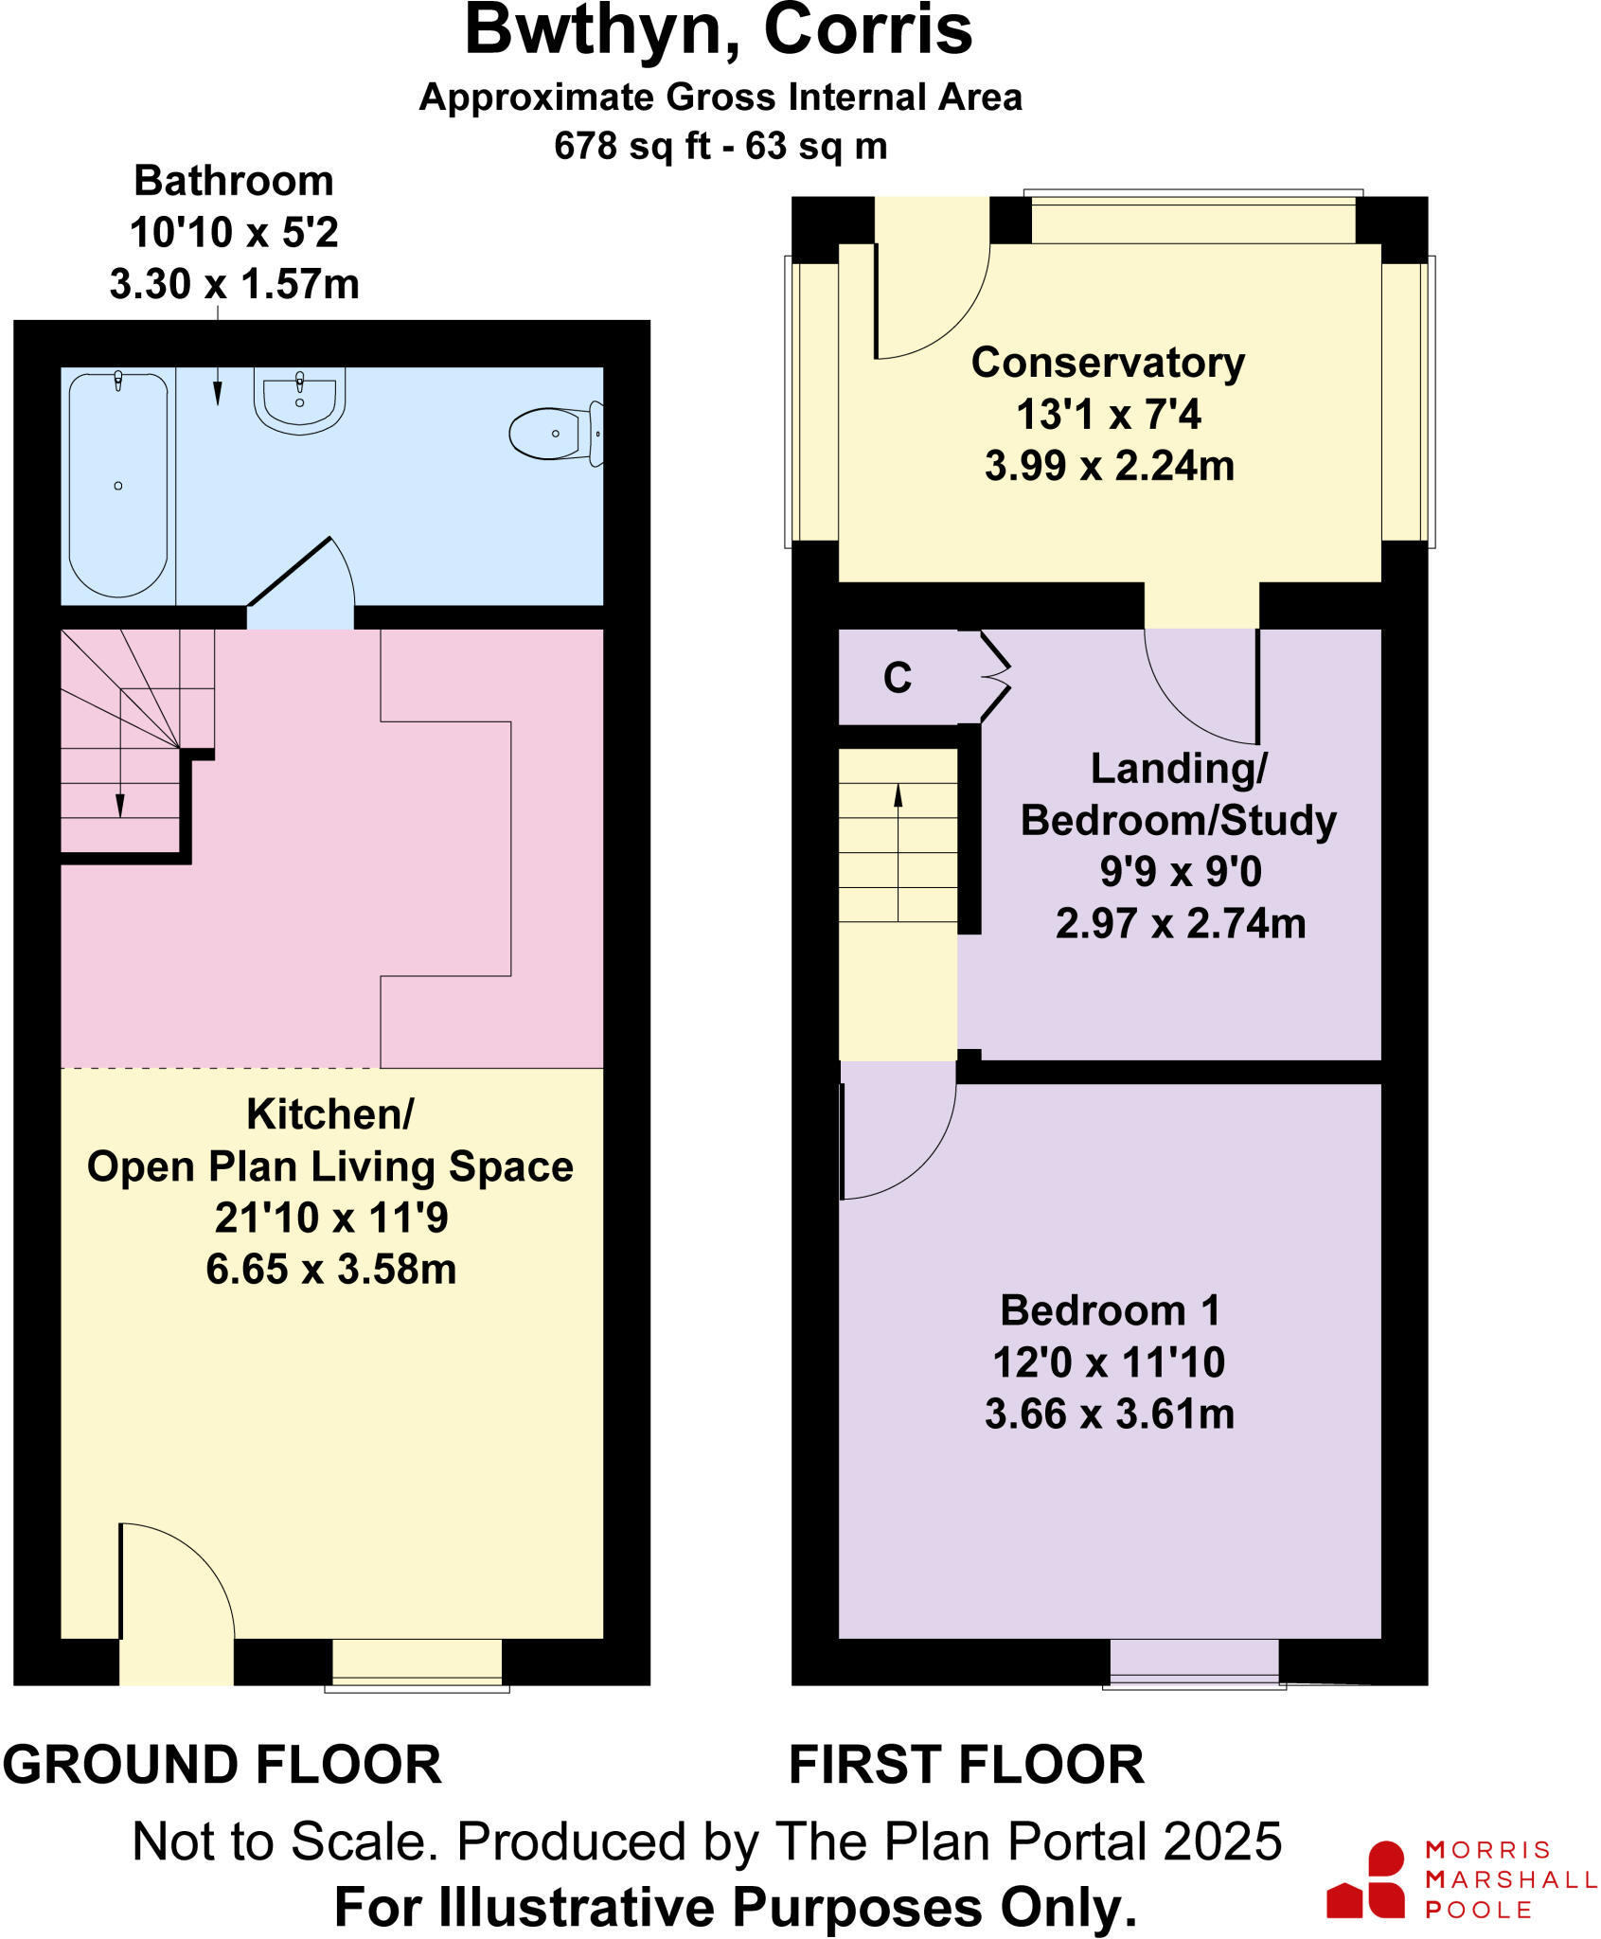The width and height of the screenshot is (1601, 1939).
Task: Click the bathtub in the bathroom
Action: [118, 485]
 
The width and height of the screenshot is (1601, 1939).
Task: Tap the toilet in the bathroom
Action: [554, 434]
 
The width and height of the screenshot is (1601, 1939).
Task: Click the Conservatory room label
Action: [1108, 363]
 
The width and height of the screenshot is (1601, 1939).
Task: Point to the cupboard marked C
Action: [898, 677]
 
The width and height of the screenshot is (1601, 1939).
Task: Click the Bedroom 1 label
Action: [1110, 1311]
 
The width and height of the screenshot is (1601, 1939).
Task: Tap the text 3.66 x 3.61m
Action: [1110, 1414]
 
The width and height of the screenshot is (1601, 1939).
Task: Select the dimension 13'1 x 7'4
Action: [1108, 415]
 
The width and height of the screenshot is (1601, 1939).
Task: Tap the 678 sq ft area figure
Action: [632, 147]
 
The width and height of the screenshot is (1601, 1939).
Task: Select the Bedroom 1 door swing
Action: [895, 1136]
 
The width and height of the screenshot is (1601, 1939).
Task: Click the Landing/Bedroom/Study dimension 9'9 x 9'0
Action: [1180, 871]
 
